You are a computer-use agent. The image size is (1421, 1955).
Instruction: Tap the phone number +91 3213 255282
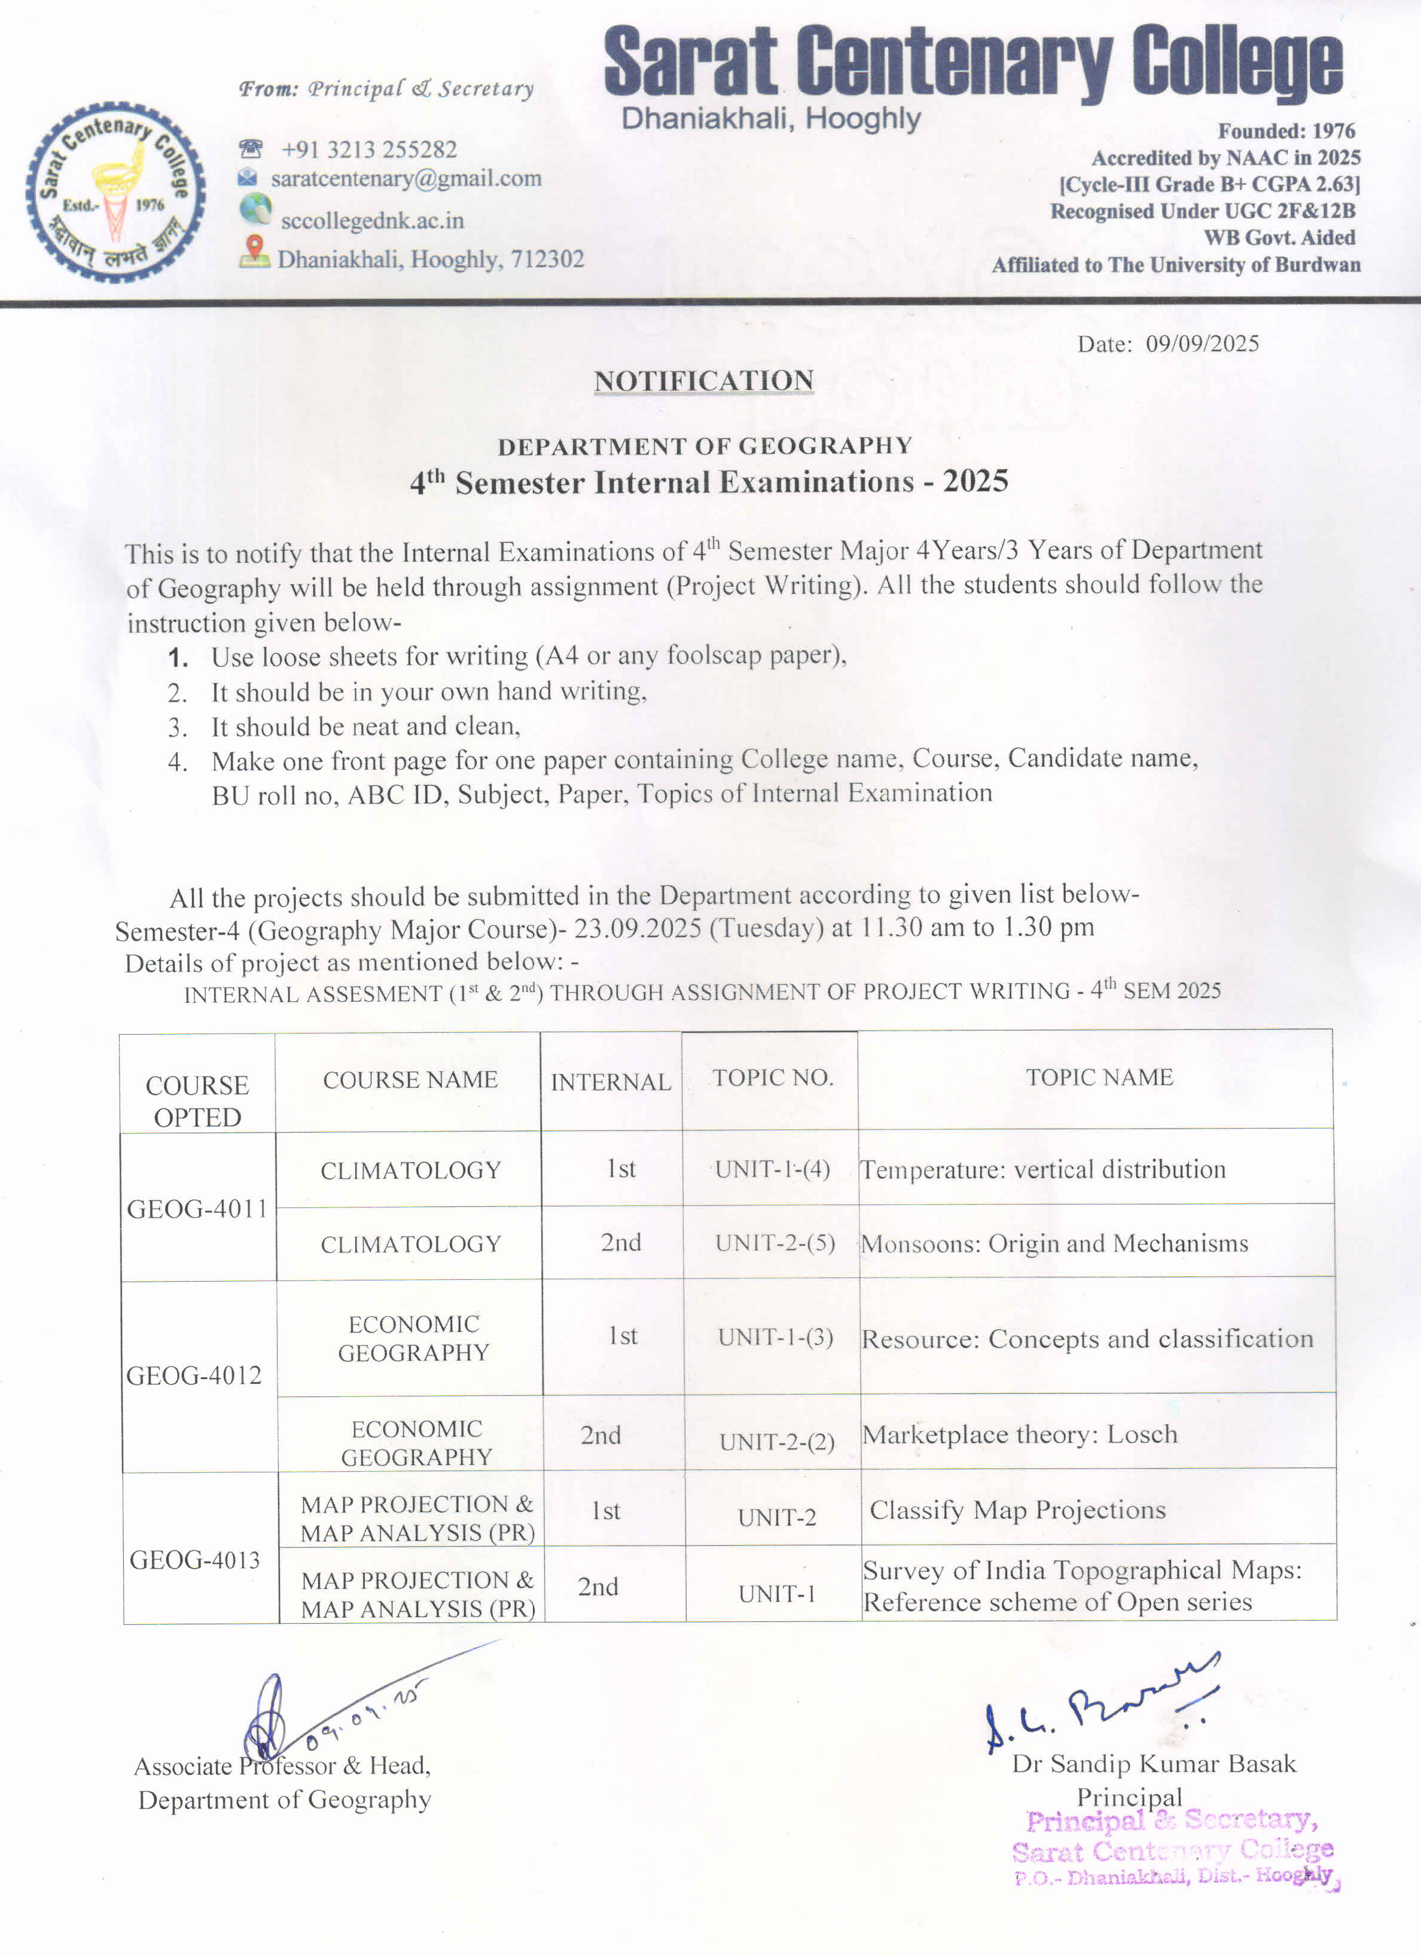(x=369, y=150)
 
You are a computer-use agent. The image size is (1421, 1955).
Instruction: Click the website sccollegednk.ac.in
(x=373, y=221)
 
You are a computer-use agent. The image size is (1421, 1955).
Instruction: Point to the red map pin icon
(x=254, y=250)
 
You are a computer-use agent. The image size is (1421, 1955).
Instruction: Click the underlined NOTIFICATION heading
(x=703, y=380)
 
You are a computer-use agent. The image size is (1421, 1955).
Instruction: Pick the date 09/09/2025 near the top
(x=1202, y=344)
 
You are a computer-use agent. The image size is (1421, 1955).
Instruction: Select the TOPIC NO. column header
(x=773, y=1078)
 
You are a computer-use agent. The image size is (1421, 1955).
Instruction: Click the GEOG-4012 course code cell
(x=195, y=1375)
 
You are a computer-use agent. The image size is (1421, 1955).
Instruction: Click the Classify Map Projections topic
(x=1017, y=1510)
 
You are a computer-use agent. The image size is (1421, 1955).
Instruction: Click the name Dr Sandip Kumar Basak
(x=1154, y=1764)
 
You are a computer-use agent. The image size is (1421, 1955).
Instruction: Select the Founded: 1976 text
(x=1286, y=131)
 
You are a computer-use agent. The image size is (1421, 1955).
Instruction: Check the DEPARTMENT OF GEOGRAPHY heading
(x=705, y=446)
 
